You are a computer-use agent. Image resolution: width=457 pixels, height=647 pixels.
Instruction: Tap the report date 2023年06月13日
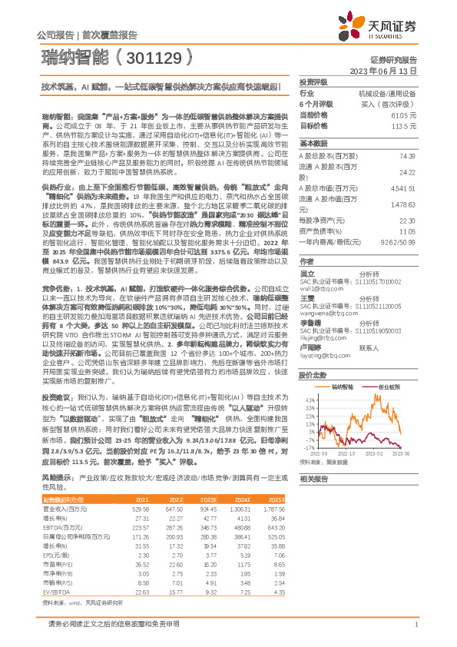pos(382,70)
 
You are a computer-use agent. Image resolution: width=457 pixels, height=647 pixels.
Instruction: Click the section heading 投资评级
pos(313,81)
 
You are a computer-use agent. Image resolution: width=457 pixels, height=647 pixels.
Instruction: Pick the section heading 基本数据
pos(313,144)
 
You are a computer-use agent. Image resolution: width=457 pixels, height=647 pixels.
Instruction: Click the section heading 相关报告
pos(313,478)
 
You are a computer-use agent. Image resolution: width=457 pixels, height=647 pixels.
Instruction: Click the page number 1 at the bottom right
pos(416,625)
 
